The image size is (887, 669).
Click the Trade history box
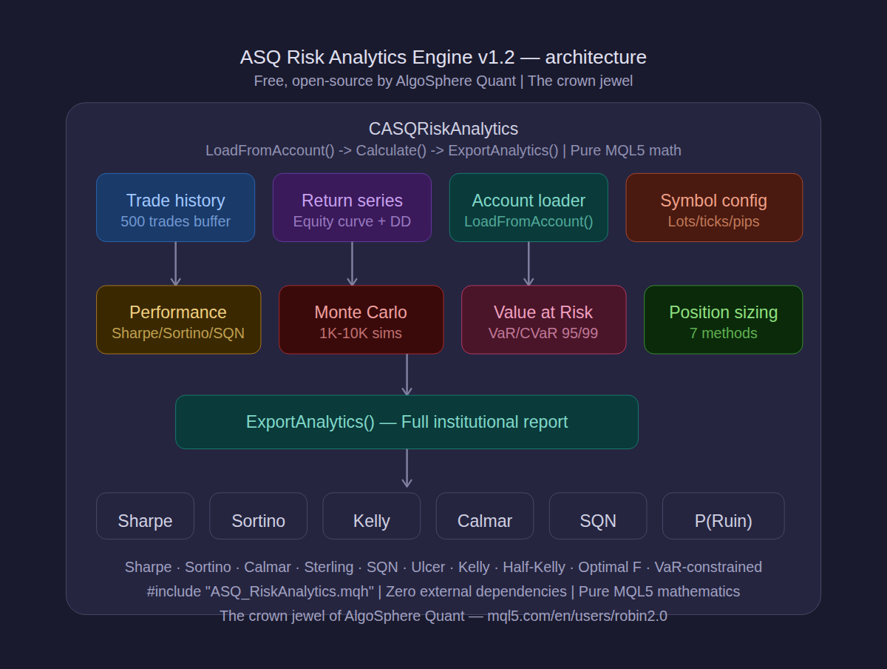pyautogui.click(x=175, y=207)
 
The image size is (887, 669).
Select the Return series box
pyautogui.click(x=352, y=207)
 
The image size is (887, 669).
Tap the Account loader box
pyautogui.click(x=529, y=207)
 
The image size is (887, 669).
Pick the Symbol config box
pyautogui.click(x=714, y=207)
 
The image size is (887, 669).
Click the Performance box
pyautogui.click(x=178, y=320)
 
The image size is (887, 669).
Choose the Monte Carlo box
pyautogui.click(x=361, y=320)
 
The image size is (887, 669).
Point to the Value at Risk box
pyautogui.click(x=543, y=320)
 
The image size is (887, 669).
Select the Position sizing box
pyautogui.click(x=723, y=320)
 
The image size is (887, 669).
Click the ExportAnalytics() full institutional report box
pyautogui.click(x=407, y=422)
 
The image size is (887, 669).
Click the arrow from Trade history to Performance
pyautogui.click(x=175, y=263)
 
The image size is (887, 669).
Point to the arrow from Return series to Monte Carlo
pyautogui.click(x=352, y=263)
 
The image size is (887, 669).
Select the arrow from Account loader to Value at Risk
pyautogui.click(x=529, y=263)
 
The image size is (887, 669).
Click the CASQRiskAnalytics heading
pyautogui.click(x=443, y=129)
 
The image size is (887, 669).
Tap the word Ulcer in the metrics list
pyautogui.click(x=428, y=567)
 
